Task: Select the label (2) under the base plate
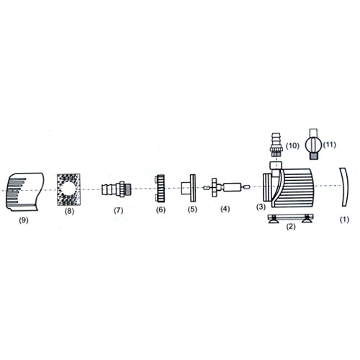click(x=290, y=227)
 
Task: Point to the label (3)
click(x=262, y=207)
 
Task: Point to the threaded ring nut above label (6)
click(x=161, y=189)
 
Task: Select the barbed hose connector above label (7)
click(x=116, y=191)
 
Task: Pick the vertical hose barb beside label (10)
click(x=274, y=144)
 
